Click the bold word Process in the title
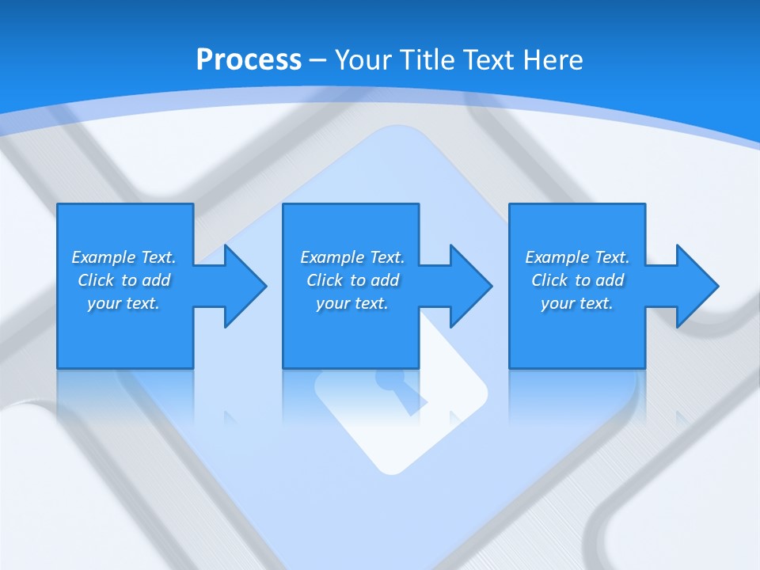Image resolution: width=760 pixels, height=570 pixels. pos(249,59)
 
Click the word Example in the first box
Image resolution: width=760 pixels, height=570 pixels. pos(104,257)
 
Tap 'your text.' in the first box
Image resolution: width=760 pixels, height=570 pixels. pos(123,303)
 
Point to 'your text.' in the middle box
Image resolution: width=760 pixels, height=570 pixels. pos(352,303)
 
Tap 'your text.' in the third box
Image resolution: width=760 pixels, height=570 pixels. pos(577,303)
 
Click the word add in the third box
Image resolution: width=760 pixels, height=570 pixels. pos(610,280)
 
